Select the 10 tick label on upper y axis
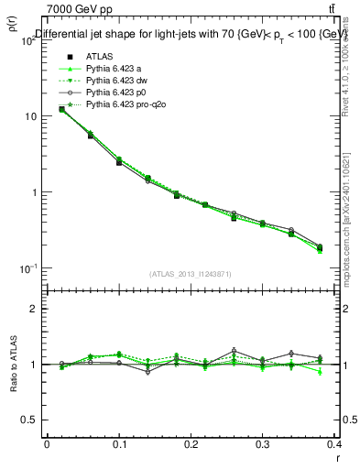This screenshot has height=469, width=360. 31,116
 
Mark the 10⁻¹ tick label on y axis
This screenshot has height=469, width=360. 27,267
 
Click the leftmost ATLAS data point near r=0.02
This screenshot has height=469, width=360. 61,109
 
